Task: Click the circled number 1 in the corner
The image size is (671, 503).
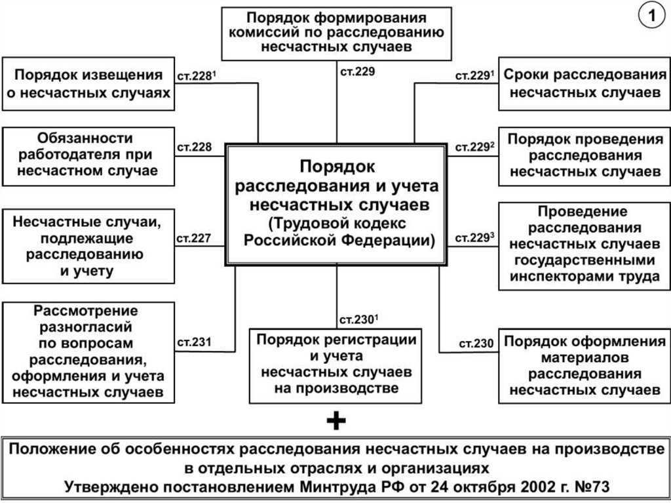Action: (x=652, y=16)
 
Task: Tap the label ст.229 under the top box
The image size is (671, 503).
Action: (x=357, y=71)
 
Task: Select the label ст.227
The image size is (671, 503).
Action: (x=194, y=238)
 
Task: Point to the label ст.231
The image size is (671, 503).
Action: (x=194, y=342)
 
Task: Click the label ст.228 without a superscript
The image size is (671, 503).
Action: (x=194, y=147)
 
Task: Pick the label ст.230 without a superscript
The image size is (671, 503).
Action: (x=476, y=344)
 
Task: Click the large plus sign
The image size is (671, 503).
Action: (x=336, y=421)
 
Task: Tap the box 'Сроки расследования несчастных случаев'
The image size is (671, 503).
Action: (x=585, y=83)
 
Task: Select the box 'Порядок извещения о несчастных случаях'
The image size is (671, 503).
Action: (x=88, y=83)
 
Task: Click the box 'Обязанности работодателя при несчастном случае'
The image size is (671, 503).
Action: (x=88, y=156)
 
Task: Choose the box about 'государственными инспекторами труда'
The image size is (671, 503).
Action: (x=585, y=247)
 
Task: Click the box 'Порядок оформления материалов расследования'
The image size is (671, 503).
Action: (x=585, y=366)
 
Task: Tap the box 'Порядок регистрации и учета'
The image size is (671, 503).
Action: (x=336, y=366)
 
